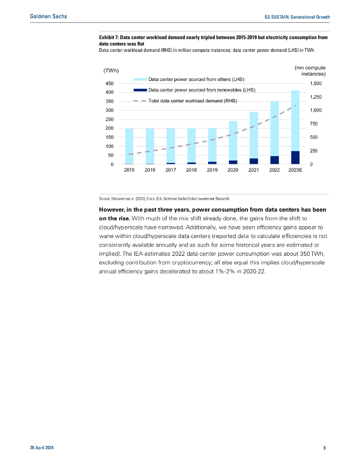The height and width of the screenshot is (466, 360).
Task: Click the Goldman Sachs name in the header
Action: (48, 16)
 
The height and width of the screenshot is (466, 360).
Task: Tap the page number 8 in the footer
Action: (325, 448)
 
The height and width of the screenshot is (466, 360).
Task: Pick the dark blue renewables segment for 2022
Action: (274, 160)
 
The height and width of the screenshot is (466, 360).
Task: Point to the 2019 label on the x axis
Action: (212, 170)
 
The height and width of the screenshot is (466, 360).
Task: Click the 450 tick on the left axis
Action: (109, 84)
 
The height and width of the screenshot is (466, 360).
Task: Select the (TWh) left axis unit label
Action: (111, 71)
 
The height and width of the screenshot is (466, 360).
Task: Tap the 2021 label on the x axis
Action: (254, 170)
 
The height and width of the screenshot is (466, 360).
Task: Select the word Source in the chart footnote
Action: (105, 199)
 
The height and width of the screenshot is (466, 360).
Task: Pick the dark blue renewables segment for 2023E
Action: (295, 157)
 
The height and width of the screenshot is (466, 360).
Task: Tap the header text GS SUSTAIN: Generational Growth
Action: (297, 17)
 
